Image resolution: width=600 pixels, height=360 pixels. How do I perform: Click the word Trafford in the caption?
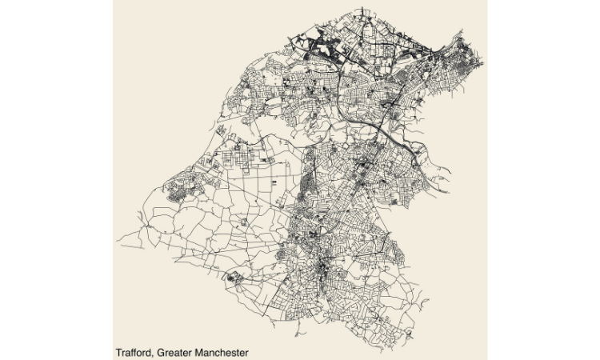click(x=134, y=352)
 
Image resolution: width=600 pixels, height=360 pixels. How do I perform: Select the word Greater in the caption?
click(x=175, y=352)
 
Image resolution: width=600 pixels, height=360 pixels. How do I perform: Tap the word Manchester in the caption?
click(x=222, y=352)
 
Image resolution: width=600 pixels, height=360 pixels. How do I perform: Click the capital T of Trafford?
click(x=118, y=352)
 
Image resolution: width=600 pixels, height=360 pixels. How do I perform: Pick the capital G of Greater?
click(x=162, y=352)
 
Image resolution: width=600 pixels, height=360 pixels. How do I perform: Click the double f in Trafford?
click(x=135, y=352)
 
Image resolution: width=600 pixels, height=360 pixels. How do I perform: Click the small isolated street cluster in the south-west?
click(x=234, y=278)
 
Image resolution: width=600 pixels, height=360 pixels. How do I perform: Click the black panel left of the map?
click(x=56, y=180)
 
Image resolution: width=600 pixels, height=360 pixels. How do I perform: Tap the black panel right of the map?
click(x=544, y=180)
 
